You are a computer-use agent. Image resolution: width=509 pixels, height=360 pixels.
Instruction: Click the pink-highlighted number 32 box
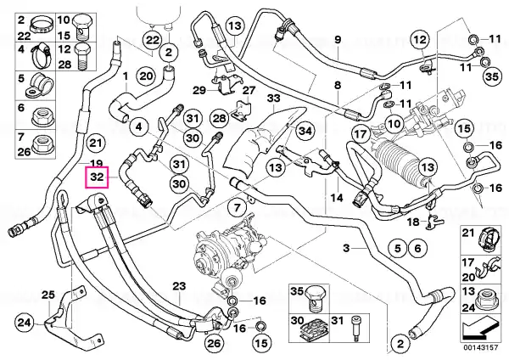click(97, 177)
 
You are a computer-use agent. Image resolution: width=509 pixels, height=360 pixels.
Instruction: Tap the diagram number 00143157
click(480, 347)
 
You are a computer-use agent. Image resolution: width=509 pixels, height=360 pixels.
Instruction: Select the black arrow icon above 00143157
click(480, 329)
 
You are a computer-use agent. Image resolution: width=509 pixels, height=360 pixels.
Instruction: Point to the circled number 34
click(305, 131)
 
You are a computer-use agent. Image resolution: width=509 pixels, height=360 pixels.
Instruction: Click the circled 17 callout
click(361, 133)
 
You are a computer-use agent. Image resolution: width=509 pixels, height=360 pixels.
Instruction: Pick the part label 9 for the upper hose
click(338, 40)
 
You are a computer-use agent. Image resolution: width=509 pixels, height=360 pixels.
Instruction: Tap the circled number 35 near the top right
click(492, 76)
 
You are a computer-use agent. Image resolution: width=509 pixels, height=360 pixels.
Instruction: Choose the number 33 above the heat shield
click(273, 98)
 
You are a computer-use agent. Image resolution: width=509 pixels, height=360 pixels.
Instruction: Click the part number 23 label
click(179, 286)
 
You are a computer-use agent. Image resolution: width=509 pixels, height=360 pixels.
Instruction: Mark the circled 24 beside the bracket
click(25, 323)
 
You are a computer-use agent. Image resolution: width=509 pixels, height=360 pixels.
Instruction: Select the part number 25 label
click(48, 295)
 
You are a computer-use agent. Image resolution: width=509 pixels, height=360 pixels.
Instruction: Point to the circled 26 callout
click(214, 343)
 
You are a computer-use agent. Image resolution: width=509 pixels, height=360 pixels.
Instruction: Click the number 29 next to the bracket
click(199, 90)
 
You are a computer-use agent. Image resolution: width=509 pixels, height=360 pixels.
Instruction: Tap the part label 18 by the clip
click(413, 222)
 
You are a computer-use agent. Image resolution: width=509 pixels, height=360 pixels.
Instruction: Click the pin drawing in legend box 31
click(355, 329)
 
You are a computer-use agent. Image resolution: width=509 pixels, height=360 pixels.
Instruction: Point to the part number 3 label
click(346, 248)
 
